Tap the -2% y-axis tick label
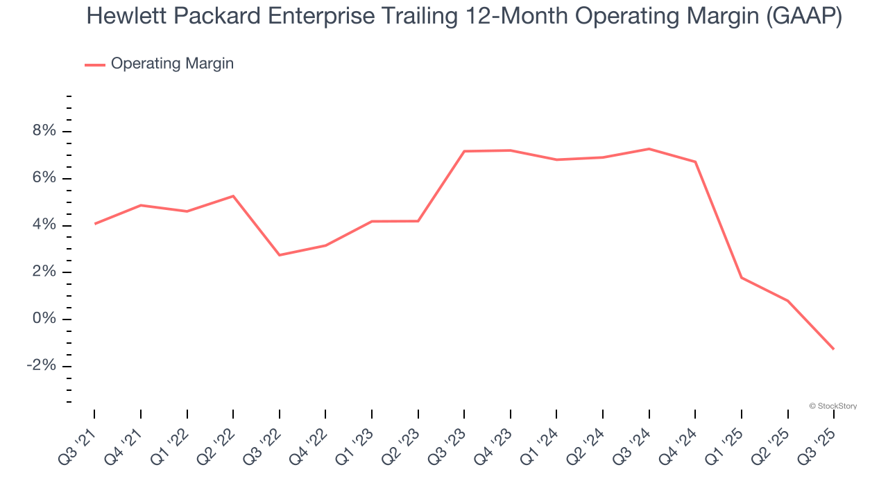tap(40, 366)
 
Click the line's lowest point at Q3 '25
tap(833, 349)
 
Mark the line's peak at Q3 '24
tap(649, 148)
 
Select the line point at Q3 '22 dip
tap(279, 255)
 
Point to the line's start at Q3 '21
tap(94, 224)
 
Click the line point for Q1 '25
tap(742, 278)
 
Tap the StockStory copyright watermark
tap(832, 406)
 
